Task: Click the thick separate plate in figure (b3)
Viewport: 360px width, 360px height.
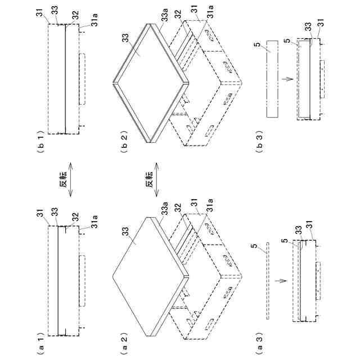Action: [272, 79]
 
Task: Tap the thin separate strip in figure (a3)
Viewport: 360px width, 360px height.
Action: [268, 281]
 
